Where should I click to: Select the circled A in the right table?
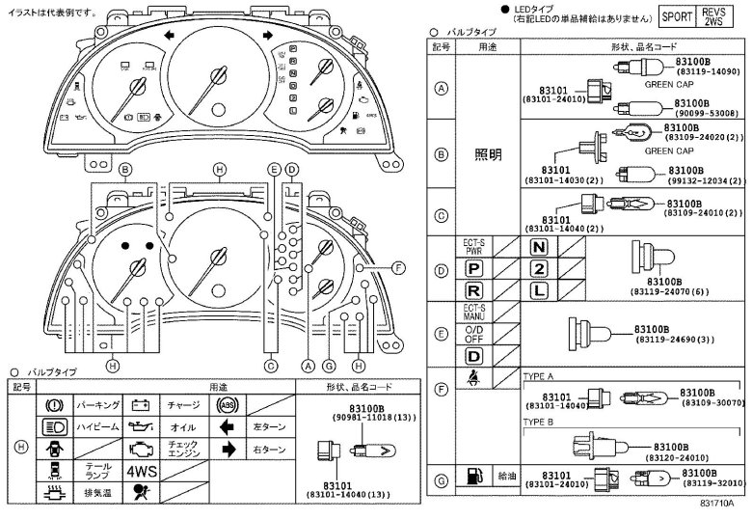coord(442,89)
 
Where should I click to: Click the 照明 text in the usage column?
coord(488,155)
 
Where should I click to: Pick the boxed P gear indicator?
coord(473,268)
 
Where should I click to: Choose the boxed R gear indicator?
coord(473,289)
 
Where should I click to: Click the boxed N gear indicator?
coord(538,247)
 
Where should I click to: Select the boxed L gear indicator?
coord(538,289)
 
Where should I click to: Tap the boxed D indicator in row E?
coord(473,356)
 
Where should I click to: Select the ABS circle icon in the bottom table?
coord(228,405)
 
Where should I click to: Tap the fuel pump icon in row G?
coord(473,476)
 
